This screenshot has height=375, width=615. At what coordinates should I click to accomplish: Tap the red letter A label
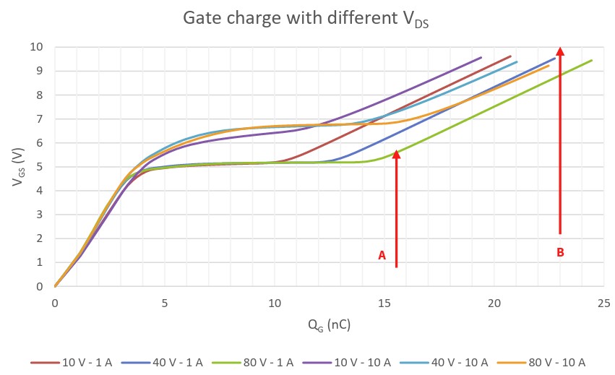(x=382, y=255)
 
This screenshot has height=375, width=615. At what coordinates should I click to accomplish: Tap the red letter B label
(x=560, y=252)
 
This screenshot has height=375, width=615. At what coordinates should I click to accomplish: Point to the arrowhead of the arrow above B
(x=560, y=52)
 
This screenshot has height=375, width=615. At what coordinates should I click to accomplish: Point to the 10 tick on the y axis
(x=37, y=47)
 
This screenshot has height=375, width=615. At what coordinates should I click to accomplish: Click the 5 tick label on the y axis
(x=40, y=167)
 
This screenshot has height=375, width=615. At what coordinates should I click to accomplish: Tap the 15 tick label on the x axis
(x=384, y=302)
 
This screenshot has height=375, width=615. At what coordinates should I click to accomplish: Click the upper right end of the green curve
(x=592, y=61)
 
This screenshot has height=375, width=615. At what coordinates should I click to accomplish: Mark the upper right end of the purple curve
(x=481, y=58)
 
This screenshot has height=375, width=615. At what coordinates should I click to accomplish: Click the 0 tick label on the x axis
(x=55, y=302)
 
